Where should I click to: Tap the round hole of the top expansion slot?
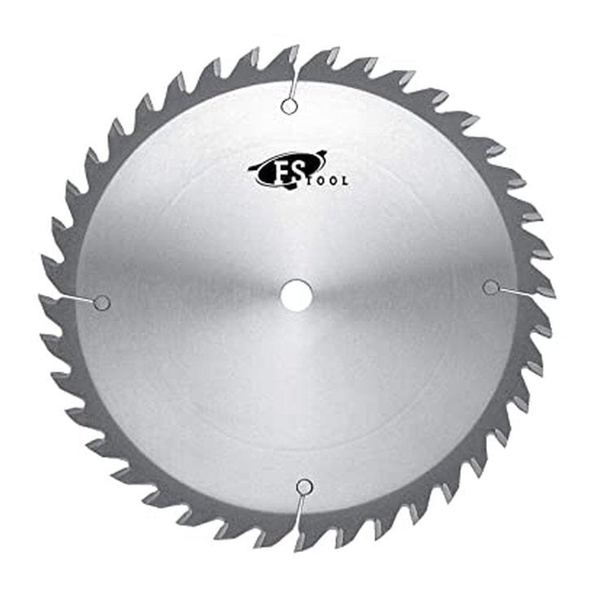(289, 105)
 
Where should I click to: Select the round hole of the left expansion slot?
(102, 302)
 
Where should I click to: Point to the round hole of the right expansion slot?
(491, 287)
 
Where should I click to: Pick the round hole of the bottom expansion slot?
(304, 486)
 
